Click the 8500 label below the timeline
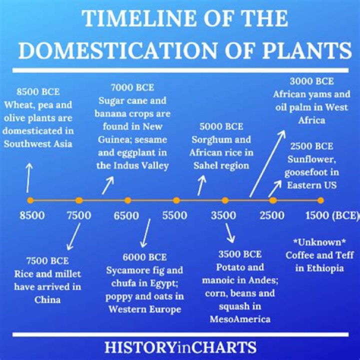click(32, 215)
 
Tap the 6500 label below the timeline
click(126, 215)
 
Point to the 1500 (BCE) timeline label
click(332, 215)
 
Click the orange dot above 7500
click(79, 200)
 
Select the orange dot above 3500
click(225, 200)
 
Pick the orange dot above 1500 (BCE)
click(321, 200)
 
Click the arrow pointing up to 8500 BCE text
click(29, 177)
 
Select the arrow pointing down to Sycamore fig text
click(145, 233)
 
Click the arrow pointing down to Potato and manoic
click(229, 232)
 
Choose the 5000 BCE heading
click(221, 127)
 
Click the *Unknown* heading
click(319, 242)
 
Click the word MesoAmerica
click(239, 318)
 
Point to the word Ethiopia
click(325, 268)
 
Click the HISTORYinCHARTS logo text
click(180, 346)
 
